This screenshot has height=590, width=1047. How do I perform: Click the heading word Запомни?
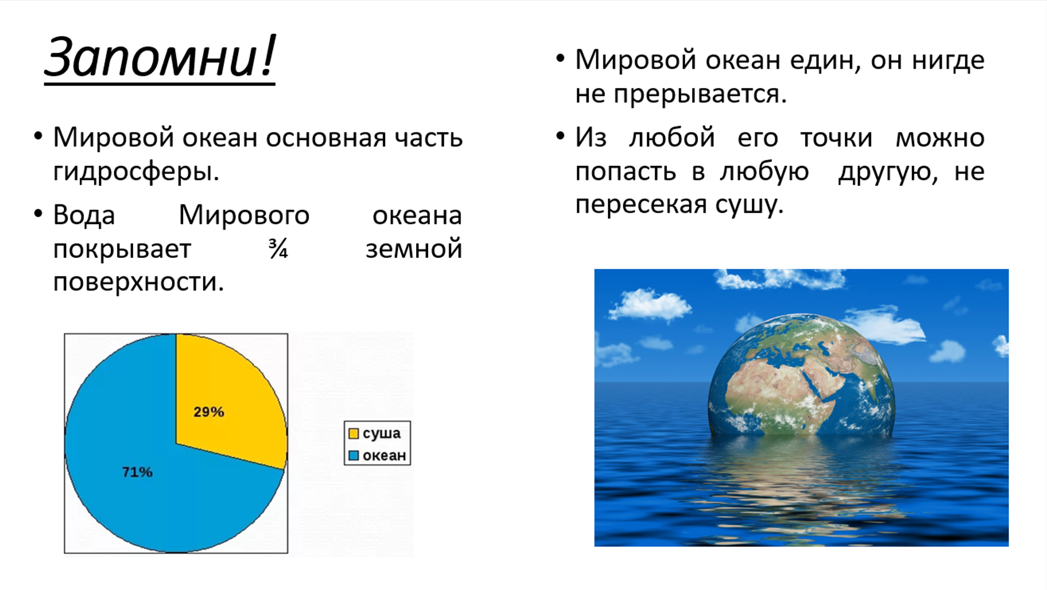[x=160, y=57]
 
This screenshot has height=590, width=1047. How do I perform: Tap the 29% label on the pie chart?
[x=209, y=412]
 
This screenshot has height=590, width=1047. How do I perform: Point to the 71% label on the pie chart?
[x=137, y=472]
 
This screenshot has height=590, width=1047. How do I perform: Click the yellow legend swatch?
[x=354, y=434]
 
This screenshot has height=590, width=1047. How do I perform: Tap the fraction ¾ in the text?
[x=278, y=249]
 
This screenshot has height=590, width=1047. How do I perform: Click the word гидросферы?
[x=136, y=172]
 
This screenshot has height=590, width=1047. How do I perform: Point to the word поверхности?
[x=139, y=282]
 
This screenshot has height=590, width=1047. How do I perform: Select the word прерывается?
[x=700, y=94]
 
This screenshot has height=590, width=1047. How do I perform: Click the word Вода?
[x=84, y=215]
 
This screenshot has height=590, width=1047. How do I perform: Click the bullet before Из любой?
[x=560, y=136]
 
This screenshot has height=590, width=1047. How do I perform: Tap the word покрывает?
[x=122, y=250]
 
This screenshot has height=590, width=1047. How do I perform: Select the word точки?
[x=836, y=138]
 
